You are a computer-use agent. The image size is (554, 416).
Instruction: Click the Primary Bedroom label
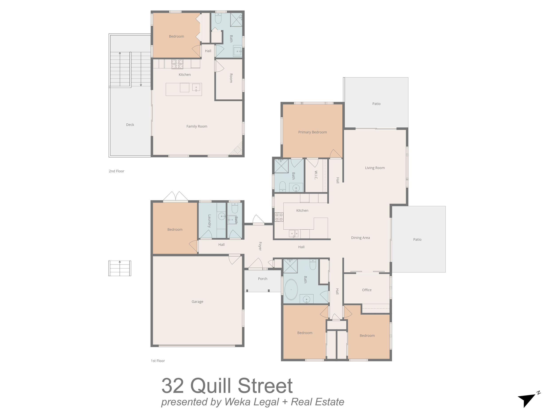point(312,132)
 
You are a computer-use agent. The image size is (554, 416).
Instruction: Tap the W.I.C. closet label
point(316,175)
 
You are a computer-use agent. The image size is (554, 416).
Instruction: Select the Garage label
point(197,302)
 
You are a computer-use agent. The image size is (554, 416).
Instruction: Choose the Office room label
point(367,290)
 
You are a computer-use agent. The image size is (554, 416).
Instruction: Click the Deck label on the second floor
point(130,125)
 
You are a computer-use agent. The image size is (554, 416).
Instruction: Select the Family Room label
point(197,126)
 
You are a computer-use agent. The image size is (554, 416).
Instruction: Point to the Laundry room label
point(209,221)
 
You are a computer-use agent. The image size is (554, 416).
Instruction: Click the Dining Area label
point(360,238)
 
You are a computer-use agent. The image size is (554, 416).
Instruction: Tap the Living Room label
point(375,168)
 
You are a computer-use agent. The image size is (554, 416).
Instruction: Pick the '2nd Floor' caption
point(117,171)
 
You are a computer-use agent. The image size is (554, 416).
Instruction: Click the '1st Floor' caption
point(158,361)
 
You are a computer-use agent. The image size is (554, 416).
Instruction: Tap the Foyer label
point(260,246)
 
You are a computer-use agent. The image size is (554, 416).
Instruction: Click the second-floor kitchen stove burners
point(177,64)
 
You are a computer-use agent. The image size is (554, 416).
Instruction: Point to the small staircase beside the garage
point(120,268)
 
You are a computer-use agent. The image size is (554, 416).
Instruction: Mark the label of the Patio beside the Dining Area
point(417,239)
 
